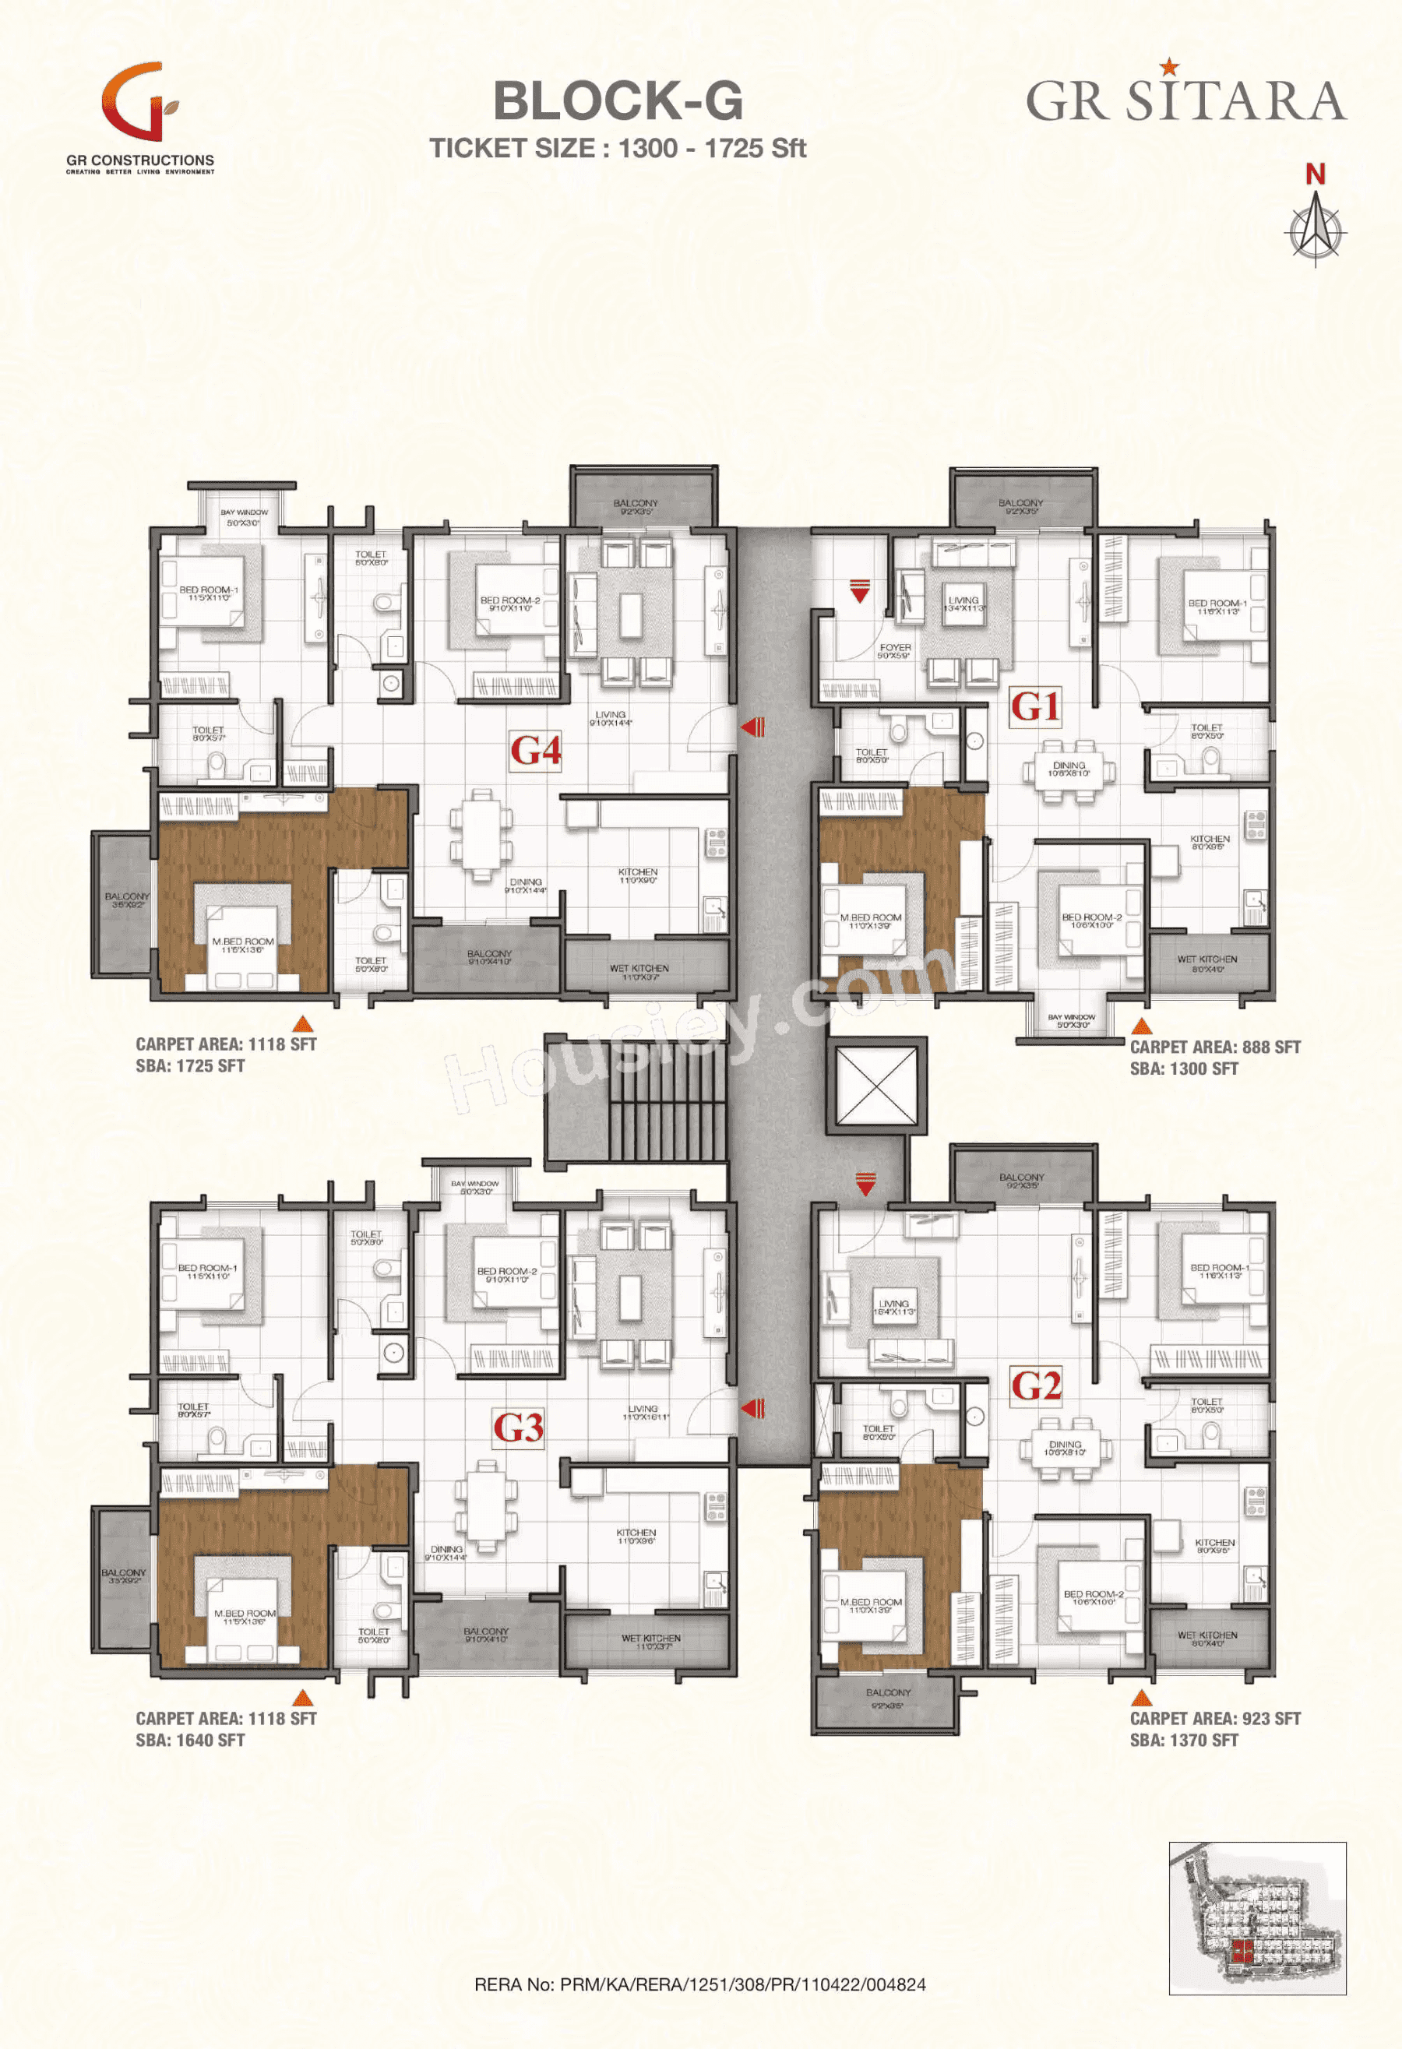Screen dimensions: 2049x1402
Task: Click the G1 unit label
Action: (x=1035, y=706)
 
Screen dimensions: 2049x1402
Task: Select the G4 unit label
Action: (x=535, y=752)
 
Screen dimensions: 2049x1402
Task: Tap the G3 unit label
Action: (x=518, y=1428)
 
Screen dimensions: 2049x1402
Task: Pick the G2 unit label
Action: (x=1036, y=1385)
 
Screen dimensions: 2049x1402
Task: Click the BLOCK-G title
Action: (x=617, y=100)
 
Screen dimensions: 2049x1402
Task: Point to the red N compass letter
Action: (x=1315, y=174)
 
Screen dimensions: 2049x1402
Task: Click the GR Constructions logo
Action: (x=141, y=114)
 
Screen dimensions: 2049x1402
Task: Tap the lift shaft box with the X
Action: (x=876, y=1086)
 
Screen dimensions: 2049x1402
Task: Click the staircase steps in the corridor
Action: (x=668, y=1101)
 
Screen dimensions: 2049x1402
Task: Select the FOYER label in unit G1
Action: (x=894, y=650)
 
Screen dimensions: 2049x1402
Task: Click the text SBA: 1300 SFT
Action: (x=1183, y=1069)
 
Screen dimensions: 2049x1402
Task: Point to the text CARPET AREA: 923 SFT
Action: (x=1214, y=1718)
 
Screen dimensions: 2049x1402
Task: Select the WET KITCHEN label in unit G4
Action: (x=639, y=972)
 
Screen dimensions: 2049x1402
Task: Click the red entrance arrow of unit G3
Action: (x=752, y=1408)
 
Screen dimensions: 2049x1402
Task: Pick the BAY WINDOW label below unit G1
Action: (x=1071, y=1021)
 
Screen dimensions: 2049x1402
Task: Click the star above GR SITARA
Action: (x=1168, y=66)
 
